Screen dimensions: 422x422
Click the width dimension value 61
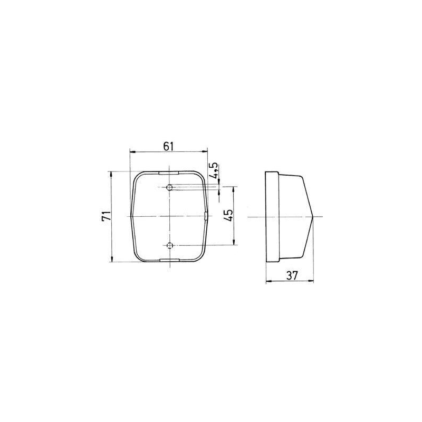(x=169, y=147)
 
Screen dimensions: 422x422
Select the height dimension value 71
(x=106, y=216)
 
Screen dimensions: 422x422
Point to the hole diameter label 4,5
(x=215, y=171)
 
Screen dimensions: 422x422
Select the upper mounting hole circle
(x=169, y=187)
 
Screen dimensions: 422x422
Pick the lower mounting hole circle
(x=169, y=245)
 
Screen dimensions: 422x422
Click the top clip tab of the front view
(x=169, y=173)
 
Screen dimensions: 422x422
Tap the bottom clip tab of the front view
(x=169, y=260)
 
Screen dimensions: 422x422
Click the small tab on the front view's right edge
(x=206, y=216)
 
